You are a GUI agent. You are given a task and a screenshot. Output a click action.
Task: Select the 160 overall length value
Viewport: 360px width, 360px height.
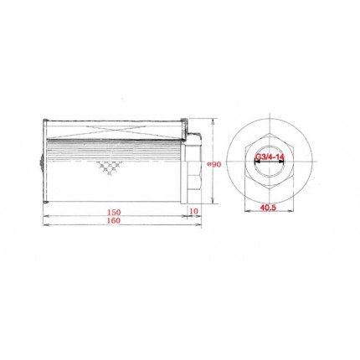click(x=114, y=220)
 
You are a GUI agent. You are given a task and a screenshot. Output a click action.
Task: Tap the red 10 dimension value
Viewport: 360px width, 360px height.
click(x=193, y=211)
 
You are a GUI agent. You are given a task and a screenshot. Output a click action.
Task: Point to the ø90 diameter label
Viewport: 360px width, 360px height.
click(x=214, y=165)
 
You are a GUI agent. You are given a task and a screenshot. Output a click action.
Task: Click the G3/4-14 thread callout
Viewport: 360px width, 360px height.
click(x=270, y=157)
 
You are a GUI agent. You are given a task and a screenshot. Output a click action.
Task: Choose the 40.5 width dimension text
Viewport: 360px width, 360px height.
click(x=268, y=208)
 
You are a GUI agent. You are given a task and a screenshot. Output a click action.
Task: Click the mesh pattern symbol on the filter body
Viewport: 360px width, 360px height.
click(x=109, y=167)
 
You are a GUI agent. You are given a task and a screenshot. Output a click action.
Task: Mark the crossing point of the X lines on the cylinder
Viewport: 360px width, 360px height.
click(x=114, y=131)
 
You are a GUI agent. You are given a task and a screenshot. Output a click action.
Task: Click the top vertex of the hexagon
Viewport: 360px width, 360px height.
click(x=270, y=133)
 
